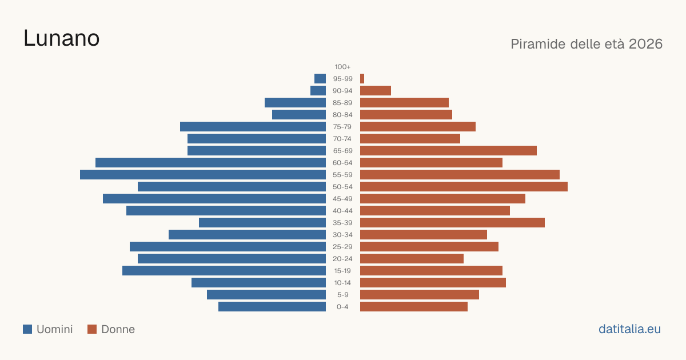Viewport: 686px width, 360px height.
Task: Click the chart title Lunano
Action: click(62, 38)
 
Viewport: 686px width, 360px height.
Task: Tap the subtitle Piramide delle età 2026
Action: click(587, 44)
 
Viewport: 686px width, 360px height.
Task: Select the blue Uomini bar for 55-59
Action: click(203, 174)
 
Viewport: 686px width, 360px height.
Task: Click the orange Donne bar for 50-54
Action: click(464, 187)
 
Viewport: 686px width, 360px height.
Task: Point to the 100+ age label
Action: click(342, 67)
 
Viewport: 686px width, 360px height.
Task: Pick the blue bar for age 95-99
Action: click(320, 79)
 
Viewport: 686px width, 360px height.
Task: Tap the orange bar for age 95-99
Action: click(362, 79)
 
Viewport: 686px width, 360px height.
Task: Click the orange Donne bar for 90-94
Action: click(376, 91)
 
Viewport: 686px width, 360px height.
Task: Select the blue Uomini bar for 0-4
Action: click(272, 307)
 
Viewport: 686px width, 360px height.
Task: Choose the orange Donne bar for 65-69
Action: click(448, 151)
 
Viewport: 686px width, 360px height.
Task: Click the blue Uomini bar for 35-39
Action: click(262, 222)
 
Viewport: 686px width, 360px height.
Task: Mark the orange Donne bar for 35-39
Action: click(452, 222)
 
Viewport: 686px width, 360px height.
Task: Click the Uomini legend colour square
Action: click(27, 329)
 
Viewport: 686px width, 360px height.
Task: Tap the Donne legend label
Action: click(118, 329)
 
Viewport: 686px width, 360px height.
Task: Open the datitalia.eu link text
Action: click(629, 329)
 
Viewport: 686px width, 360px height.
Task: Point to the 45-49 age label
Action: click(342, 199)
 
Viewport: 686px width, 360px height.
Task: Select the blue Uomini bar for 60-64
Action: click(211, 162)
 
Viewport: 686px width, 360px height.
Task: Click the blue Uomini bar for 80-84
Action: click(299, 115)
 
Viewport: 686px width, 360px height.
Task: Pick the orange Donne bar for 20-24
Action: click(412, 259)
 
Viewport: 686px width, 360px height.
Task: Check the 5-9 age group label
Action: click(342, 295)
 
